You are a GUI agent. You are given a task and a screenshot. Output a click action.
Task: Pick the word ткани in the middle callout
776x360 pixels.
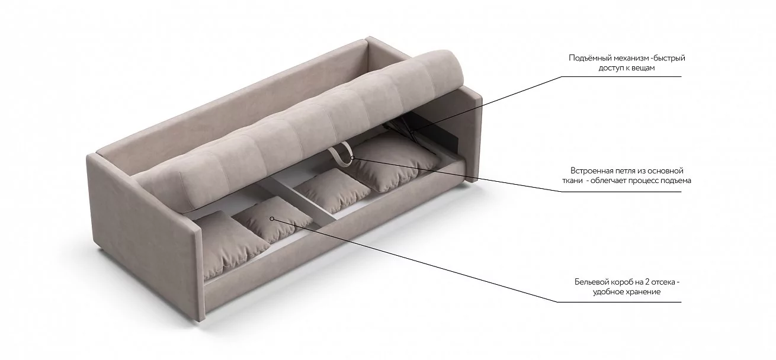click(x=572, y=181)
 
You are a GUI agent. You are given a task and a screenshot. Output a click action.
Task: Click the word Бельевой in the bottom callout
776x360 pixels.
click(x=591, y=282)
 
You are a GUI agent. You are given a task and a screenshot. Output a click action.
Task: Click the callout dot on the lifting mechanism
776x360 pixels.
click(x=412, y=131)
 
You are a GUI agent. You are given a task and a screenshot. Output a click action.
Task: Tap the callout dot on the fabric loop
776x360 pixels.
click(x=352, y=158)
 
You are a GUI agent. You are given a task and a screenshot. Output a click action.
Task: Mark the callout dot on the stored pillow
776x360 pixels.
click(x=272, y=218)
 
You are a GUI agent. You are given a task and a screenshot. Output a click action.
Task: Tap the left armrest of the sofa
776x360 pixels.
click(x=146, y=236)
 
